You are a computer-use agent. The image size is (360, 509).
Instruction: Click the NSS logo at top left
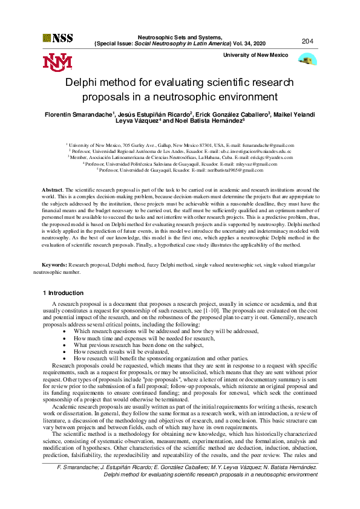57,37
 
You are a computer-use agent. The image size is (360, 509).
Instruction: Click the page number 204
307,41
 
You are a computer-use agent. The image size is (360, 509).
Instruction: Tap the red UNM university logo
57,61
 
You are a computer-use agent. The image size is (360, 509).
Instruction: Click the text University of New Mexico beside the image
256,55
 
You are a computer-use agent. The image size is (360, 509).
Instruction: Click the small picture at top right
309,60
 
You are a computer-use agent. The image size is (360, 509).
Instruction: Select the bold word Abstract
51,190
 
